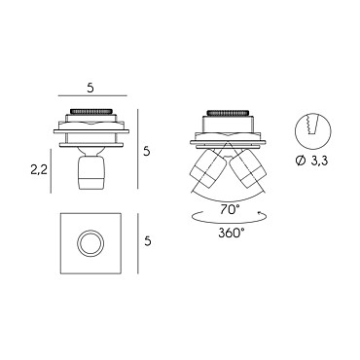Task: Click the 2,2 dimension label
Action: (39, 169)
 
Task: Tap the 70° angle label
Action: (230, 210)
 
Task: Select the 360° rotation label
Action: (232, 233)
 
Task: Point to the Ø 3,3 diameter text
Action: (312, 161)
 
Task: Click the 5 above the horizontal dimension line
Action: (90, 89)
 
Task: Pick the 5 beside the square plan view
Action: (148, 241)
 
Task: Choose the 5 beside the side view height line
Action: (147, 151)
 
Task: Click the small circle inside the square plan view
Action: (90, 242)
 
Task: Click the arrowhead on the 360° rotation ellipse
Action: (260, 213)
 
